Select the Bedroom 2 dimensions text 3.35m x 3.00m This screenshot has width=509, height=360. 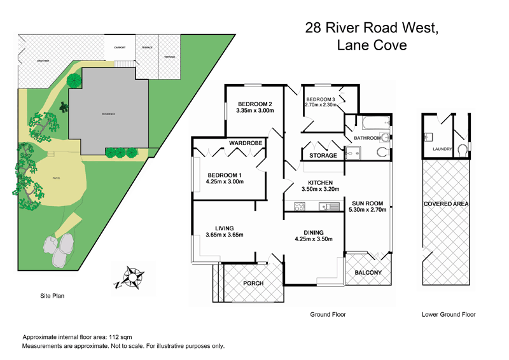(254, 111)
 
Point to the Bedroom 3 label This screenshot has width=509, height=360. (321, 99)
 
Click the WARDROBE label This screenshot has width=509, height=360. (246, 144)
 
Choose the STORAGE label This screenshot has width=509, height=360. (323, 156)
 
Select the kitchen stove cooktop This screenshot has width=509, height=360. (300, 205)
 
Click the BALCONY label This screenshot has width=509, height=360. (367, 273)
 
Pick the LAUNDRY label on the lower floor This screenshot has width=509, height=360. (442, 149)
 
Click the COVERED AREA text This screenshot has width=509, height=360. (445, 204)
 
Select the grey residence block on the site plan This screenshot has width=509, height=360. (105, 113)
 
